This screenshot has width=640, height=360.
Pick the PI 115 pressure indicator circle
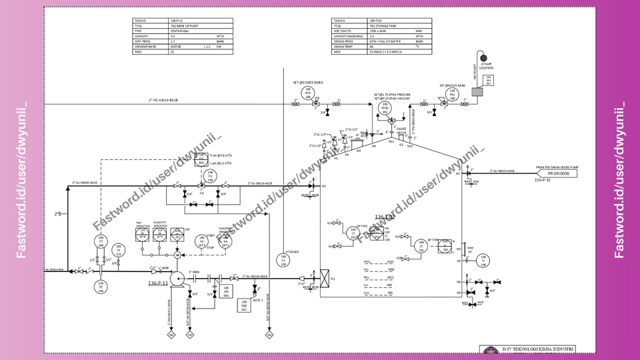tap(119, 250)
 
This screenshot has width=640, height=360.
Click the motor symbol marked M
tap(177, 255)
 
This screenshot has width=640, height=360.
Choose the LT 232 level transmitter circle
tap(421, 245)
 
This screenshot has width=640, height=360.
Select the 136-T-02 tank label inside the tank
tap(385, 217)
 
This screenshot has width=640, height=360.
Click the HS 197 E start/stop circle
tap(201, 242)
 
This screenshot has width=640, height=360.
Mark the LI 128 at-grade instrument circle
tap(283, 259)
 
